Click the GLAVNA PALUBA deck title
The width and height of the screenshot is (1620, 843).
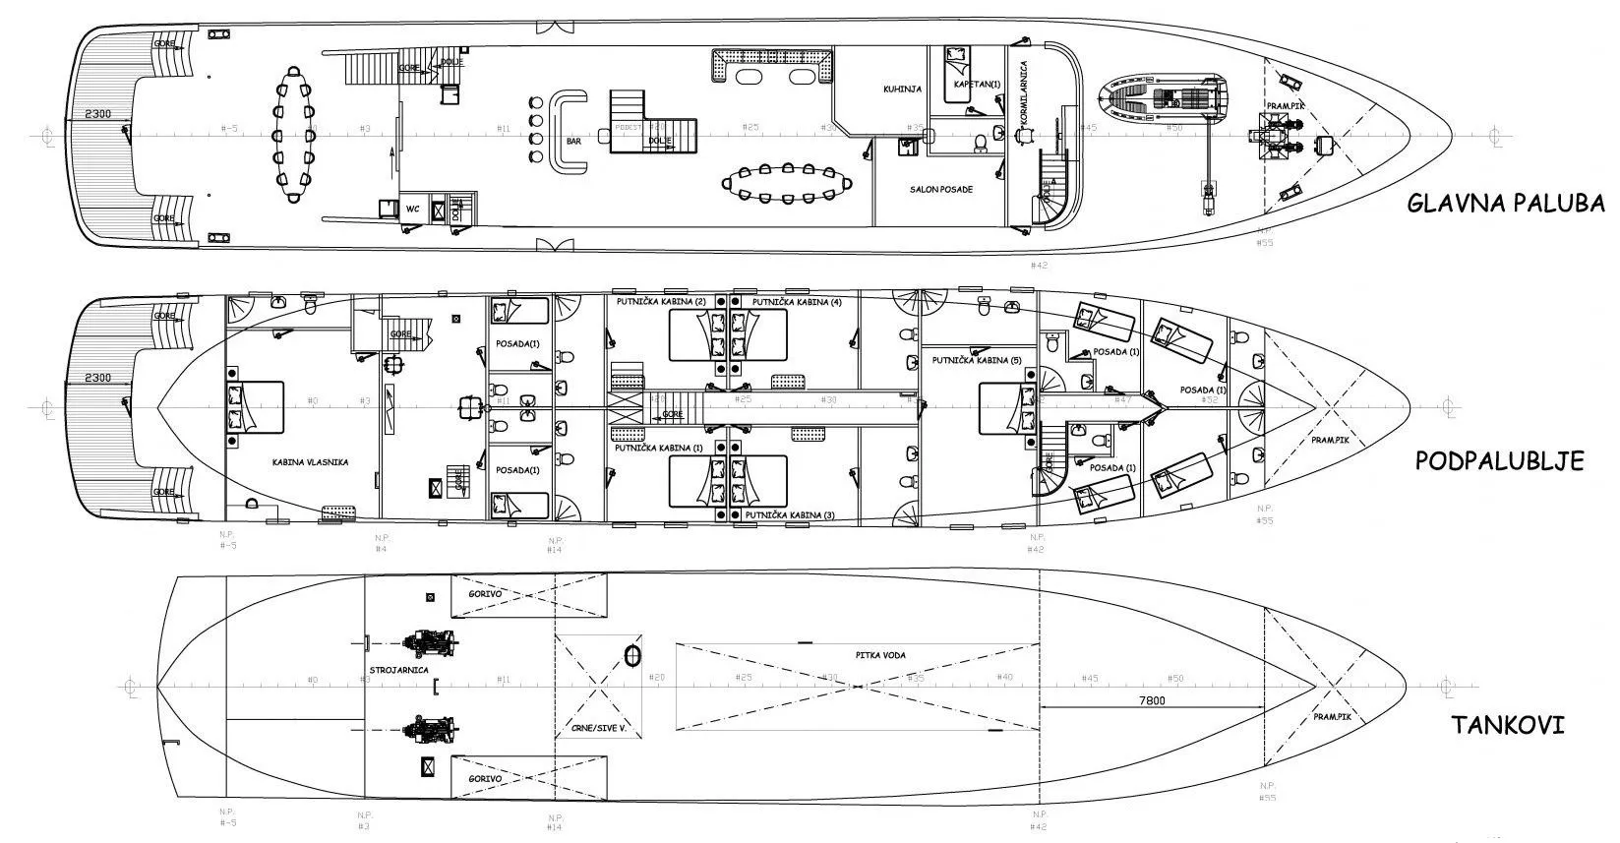tap(1505, 204)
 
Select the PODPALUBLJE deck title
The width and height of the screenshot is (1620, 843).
tap(1499, 460)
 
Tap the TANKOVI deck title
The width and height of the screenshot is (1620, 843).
tap(1508, 726)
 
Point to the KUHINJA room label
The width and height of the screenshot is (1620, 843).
tap(902, 89)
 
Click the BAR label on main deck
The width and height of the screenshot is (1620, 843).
tap(574, 142)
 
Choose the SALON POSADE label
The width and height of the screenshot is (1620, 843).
tap(940, 189)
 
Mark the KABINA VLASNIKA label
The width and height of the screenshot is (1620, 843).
tap(311, 461)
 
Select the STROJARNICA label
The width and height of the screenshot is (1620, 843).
tap(397, 670)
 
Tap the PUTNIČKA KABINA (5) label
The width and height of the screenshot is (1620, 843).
tap(977, 361)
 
